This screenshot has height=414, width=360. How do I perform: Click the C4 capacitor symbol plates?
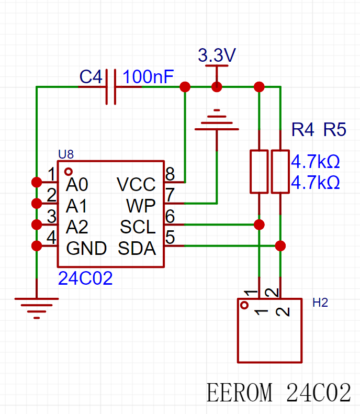coord(111,87)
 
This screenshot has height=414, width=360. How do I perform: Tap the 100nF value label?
coord(148,76)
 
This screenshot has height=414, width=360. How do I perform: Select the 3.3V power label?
coord(217,55)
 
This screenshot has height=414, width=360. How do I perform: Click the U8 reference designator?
coord(66,154)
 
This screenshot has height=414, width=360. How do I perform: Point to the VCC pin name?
coord(136,184)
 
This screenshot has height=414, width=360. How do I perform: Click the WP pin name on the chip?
coord(141,206)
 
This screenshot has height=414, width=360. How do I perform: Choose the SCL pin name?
coord(138,227)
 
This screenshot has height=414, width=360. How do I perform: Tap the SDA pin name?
coord(137,248)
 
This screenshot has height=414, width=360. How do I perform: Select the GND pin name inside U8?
coord(86,248)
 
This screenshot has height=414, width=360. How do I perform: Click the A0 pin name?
coord(77,184)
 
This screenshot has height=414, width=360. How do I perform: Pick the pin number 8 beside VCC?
coord(170,174)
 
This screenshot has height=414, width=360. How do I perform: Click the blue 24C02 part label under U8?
coord(85,278)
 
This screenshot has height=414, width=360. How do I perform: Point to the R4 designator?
coord(303,129)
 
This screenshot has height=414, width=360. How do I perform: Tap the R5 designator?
coord(335,129)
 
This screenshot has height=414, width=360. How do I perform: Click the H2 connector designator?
coord(320,303)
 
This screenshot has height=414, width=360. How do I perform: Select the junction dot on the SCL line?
coord(259,225)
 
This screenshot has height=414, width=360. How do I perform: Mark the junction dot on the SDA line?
coord(280,246)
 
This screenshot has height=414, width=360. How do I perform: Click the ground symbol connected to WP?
coord(217,120)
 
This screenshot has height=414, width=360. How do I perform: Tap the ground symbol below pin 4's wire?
coord(37,308)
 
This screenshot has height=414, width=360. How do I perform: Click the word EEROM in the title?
coord(239,393)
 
